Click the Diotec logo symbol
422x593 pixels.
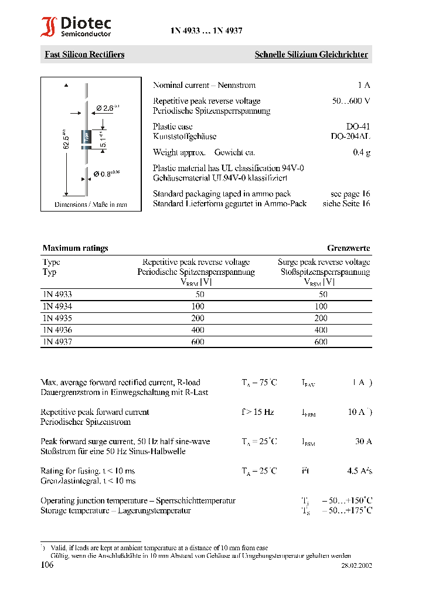pyautogui.click(x=49, y=28)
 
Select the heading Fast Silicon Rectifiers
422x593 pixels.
pyautogui.click(x=84, y=54)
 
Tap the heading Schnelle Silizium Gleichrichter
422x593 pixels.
pyautogui.click(x=311, y=54)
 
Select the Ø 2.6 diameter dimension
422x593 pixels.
pyautogui.click(x=107, y=108)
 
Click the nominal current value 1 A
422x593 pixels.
pyautogui.click(x=363, y=85)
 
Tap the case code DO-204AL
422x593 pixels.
pyautogui.click(x=350, y=136)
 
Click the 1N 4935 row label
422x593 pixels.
pyautogui.click(x=57, y=318)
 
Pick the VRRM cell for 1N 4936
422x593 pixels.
pyautogui.click(x=198, y=330)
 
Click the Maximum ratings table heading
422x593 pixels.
pyautogui.click(x=75, y=248)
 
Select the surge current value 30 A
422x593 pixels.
pyautogui.click(x=363, y=441)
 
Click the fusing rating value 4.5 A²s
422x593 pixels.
pyautogui.click(x=359, y=471)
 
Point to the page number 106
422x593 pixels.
pyautogui.click(x=47, y=565)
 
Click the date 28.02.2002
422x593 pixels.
pyautogui.click(x=356, y=566)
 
